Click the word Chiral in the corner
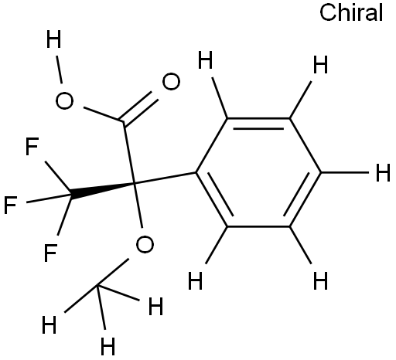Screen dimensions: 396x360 351,13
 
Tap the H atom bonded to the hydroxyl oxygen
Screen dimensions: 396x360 53,39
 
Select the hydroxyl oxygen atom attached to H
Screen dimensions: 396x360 64,100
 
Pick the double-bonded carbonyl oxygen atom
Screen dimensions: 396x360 171,82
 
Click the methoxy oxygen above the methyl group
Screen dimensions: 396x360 145,244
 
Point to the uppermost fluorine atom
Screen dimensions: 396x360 32,146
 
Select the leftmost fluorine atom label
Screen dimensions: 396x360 11,205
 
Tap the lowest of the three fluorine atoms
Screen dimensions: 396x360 50,253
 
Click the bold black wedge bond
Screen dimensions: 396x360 102,191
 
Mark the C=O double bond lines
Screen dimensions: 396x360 139,107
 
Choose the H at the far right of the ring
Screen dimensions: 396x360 383,173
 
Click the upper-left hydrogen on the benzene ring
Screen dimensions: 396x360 206,59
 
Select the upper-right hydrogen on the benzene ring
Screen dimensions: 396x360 320,64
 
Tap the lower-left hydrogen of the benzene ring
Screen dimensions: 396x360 196,280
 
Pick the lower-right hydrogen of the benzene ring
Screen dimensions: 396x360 320,280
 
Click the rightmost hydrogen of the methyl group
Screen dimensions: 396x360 156,306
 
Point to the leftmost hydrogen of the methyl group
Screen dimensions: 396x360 49,325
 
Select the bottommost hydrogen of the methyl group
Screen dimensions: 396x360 108,346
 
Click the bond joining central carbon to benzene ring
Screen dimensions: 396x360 166,178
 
